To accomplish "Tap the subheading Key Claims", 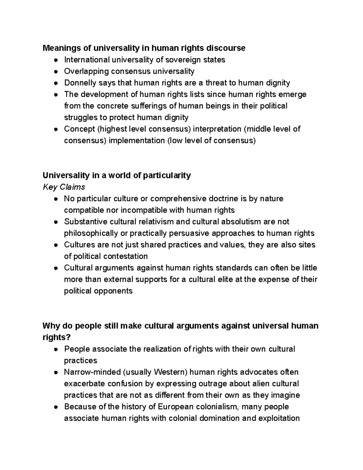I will pyautogui.click(x=64, y=187).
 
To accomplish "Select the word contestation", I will pyautogui.click(x=126, y=256).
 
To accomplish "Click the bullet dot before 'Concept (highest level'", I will pyautogui.click(x=56, y=129).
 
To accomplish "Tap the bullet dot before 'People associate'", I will pyautogui.click(x=56, y=349).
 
